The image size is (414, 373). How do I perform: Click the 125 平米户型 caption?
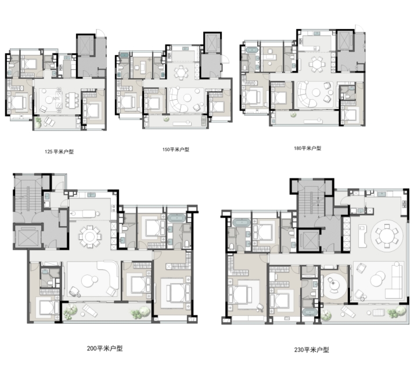click(59, 151)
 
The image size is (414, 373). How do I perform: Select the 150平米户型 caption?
click(176, 150)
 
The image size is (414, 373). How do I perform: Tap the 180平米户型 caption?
click(308, 149)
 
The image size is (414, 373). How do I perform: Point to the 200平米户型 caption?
click(105, 349)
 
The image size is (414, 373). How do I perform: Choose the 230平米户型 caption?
click(312, 350)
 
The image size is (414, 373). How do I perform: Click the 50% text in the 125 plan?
click(56, 99)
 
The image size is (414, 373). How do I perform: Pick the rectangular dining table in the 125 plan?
click(72, 100)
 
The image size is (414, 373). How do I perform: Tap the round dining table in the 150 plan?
click(181, 72)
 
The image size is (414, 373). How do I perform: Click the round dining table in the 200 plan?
click(90, 236)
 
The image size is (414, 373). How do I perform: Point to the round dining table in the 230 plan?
click(387, 236)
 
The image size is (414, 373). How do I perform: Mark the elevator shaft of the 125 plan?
click(85, 45)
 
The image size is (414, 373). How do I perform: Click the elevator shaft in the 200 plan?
click(27, 237)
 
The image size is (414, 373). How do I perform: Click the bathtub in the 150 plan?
click(123, 55)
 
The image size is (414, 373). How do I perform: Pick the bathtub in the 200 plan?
click(177, 219)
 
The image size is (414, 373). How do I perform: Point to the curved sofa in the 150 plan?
click(178, 100)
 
